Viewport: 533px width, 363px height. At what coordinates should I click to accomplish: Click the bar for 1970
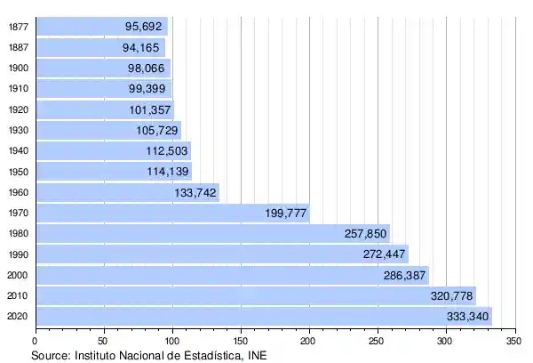click(x=172, y=214)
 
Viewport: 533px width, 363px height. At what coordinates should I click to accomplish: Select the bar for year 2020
click(x=263, y=317)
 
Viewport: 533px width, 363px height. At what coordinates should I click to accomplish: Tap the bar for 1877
click(x=100, y=27)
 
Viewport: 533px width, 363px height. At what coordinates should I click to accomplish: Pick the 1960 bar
click(x=127, y=192)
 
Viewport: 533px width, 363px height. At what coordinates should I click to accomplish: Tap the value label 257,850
click(x=366, y=234)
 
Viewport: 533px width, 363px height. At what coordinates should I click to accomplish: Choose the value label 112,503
click(x=167, y=151)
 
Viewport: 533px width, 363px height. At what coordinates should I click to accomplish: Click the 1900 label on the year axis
click(x=17, y=69)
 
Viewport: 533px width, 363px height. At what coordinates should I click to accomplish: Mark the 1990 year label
click(x=17, y=254)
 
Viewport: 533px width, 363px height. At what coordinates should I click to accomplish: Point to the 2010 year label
click(x=17, y=296)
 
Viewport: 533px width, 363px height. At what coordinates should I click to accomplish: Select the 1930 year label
click(x=17, y=131)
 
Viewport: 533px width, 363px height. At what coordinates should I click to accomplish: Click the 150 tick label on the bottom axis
click(x=241, y=340)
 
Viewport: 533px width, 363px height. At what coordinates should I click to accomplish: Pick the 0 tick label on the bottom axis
click(x=36, y=340)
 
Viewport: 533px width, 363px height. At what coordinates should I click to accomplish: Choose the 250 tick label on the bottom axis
click(x=378, y=340)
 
